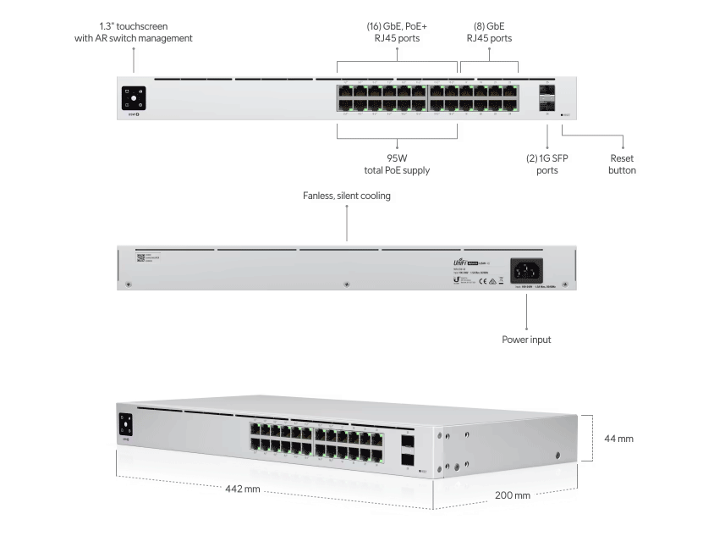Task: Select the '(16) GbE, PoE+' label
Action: [x=396, y=26]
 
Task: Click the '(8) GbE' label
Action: [x=489, y=26]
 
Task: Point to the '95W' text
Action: [x=397, y=157]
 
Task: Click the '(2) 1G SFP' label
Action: [x=547, y=157]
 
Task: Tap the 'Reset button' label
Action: [x=623, y=164]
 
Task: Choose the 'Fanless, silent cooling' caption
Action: [x=347, y=196]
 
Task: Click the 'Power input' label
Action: [x=526, y=340]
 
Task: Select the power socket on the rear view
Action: [x=525, y=270]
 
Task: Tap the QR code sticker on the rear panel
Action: [x=140, y=257]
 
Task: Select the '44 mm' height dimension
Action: [x=618, y=439]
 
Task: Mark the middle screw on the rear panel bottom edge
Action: [x=346, y=284]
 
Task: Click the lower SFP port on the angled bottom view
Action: [x=408, y=460]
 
